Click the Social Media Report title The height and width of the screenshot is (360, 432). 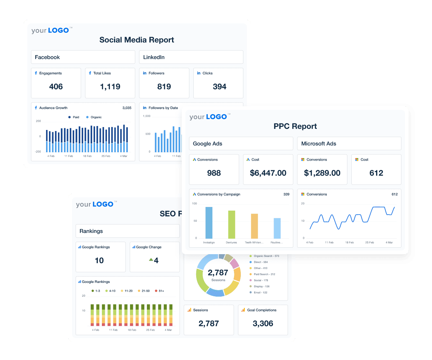[137, 40]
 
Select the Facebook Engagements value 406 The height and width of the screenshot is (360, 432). [56, 86]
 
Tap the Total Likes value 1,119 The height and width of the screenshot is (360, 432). [110, 86]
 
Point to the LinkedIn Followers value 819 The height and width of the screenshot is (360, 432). [164, 86]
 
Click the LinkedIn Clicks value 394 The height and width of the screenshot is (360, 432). [220, 86]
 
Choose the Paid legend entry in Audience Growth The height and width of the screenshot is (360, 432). [73, 117]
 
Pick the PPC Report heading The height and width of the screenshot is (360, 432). [295, 126]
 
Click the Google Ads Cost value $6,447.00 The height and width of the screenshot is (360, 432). [268, 173]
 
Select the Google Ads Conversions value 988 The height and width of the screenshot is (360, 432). [214, 173]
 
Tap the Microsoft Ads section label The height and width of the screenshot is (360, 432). [319, 144]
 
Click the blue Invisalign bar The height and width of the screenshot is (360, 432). [209, 222]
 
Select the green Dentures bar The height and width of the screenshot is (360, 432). [231, 224]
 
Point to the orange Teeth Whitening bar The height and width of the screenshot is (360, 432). [255, 226]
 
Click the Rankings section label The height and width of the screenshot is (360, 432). [91, 231]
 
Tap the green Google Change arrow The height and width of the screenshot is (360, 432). [151, 259]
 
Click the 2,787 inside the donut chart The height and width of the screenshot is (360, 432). [218, 273]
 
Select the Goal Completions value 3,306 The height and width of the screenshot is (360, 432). [263, 323]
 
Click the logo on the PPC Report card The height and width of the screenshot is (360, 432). [209, 117]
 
